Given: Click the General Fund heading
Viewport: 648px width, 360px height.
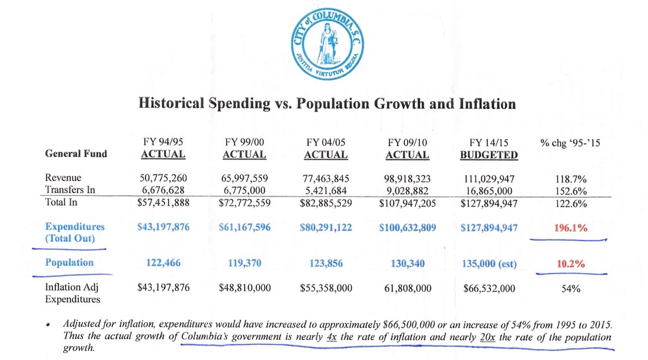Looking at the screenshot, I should pos(77,154).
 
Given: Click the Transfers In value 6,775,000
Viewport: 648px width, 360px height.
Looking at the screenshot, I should pos(244,190).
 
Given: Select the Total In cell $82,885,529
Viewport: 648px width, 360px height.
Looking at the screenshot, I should pos(326,203).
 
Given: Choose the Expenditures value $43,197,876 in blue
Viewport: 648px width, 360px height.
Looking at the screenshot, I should pos(163,228).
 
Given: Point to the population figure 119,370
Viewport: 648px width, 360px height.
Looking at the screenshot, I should pos(244,263).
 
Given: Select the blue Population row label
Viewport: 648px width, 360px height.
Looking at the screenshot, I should pos(69,263).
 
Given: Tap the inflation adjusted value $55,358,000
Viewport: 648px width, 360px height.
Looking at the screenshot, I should pos(326,288).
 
